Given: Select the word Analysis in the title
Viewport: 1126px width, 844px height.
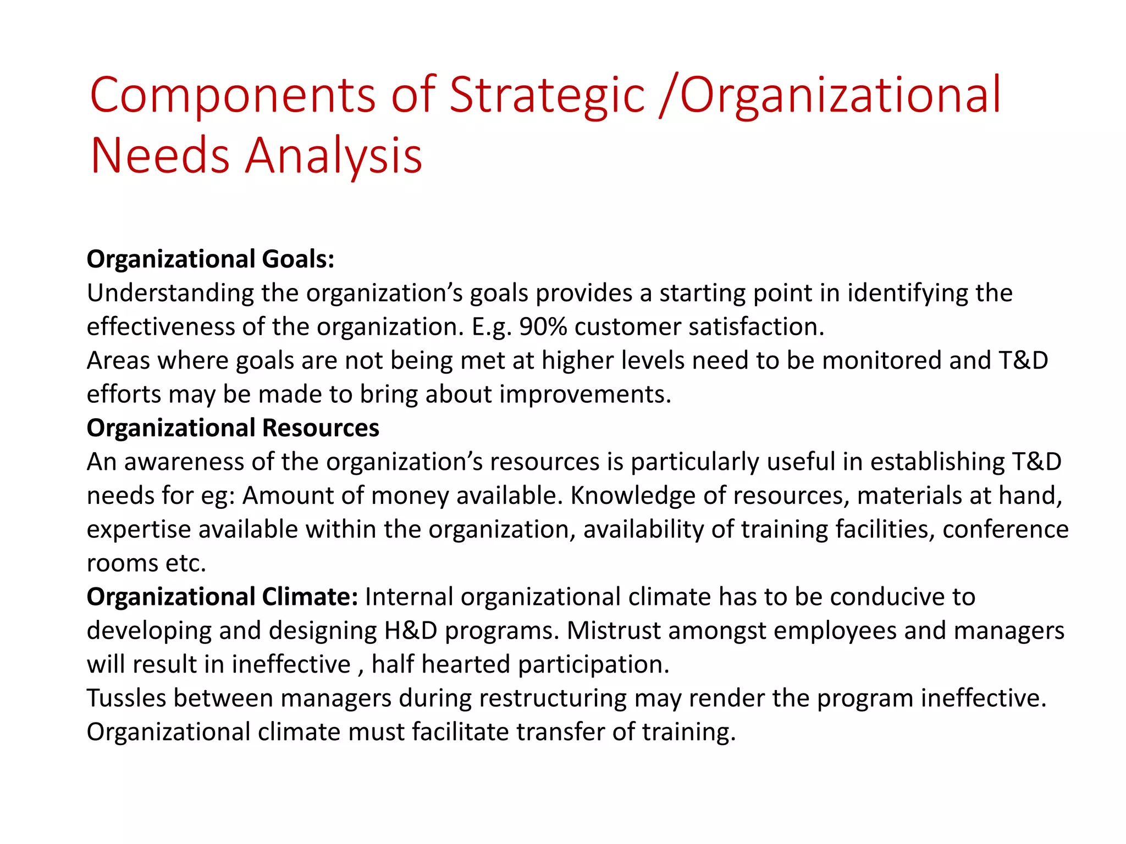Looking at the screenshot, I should click(334, 157).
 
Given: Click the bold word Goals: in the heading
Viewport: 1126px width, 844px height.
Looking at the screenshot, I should click(298, 259).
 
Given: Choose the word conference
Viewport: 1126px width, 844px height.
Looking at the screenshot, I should click(1006, 530).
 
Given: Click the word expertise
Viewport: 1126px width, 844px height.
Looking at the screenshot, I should click(139, 530).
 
